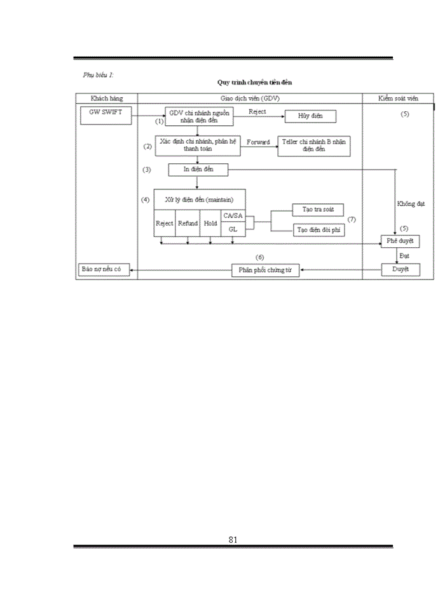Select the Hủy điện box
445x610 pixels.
click(310, 116)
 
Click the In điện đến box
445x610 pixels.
click(197, 170)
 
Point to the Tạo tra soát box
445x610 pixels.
click(318, 209)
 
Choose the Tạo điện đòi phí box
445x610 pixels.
click(318, 230)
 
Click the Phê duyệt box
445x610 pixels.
click(400, 242)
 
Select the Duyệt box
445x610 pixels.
click(400, 269)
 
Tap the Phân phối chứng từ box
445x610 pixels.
click(265, 271)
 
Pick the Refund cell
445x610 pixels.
click(188, 223)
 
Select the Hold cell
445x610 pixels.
click(210, 223)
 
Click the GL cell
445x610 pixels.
click(233, 229)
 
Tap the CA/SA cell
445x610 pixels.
click(233, 216)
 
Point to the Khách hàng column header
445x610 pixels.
click(106, 98)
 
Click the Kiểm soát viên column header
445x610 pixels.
click(398, 98)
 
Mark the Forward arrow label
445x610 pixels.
click(258, 142)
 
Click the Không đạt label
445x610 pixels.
click(410, 204)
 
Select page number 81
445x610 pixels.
click(233, 539)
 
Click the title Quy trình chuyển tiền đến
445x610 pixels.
click(254, 83)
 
